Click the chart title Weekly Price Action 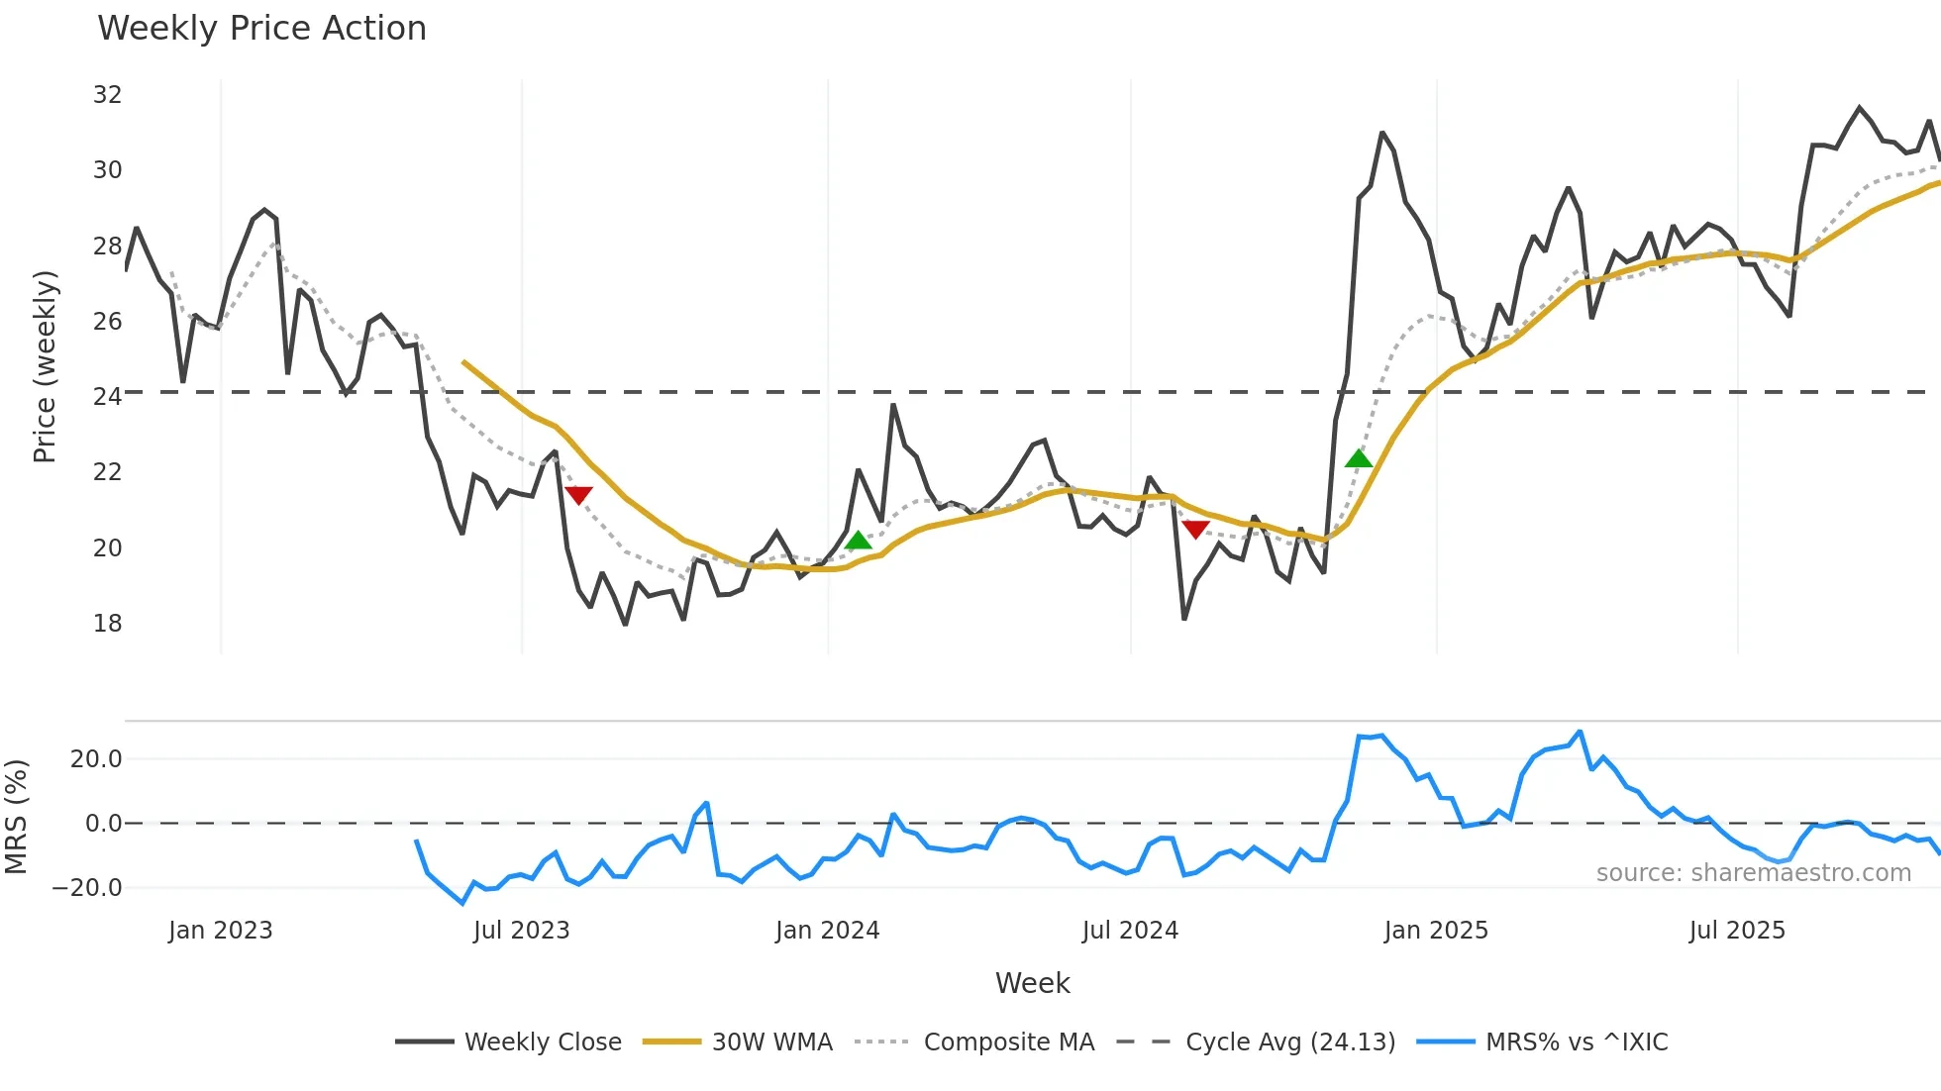pos(261,29)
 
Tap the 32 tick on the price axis pos(107,95)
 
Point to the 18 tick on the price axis pos(107,624)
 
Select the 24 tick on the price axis pos(107,397)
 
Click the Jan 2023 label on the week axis pos(220,931)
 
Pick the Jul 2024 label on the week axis pos(1130,931)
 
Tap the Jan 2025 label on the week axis pos(1436,931)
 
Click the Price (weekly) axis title pos(45,366)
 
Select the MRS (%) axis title pos(16,817)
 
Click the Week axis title pos(1032,983)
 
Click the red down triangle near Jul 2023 pos(578,495)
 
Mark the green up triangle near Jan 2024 pos(859,541)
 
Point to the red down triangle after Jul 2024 pos(1195,530)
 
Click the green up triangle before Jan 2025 pos(1359,458)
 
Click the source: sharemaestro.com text pos(1753,873)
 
